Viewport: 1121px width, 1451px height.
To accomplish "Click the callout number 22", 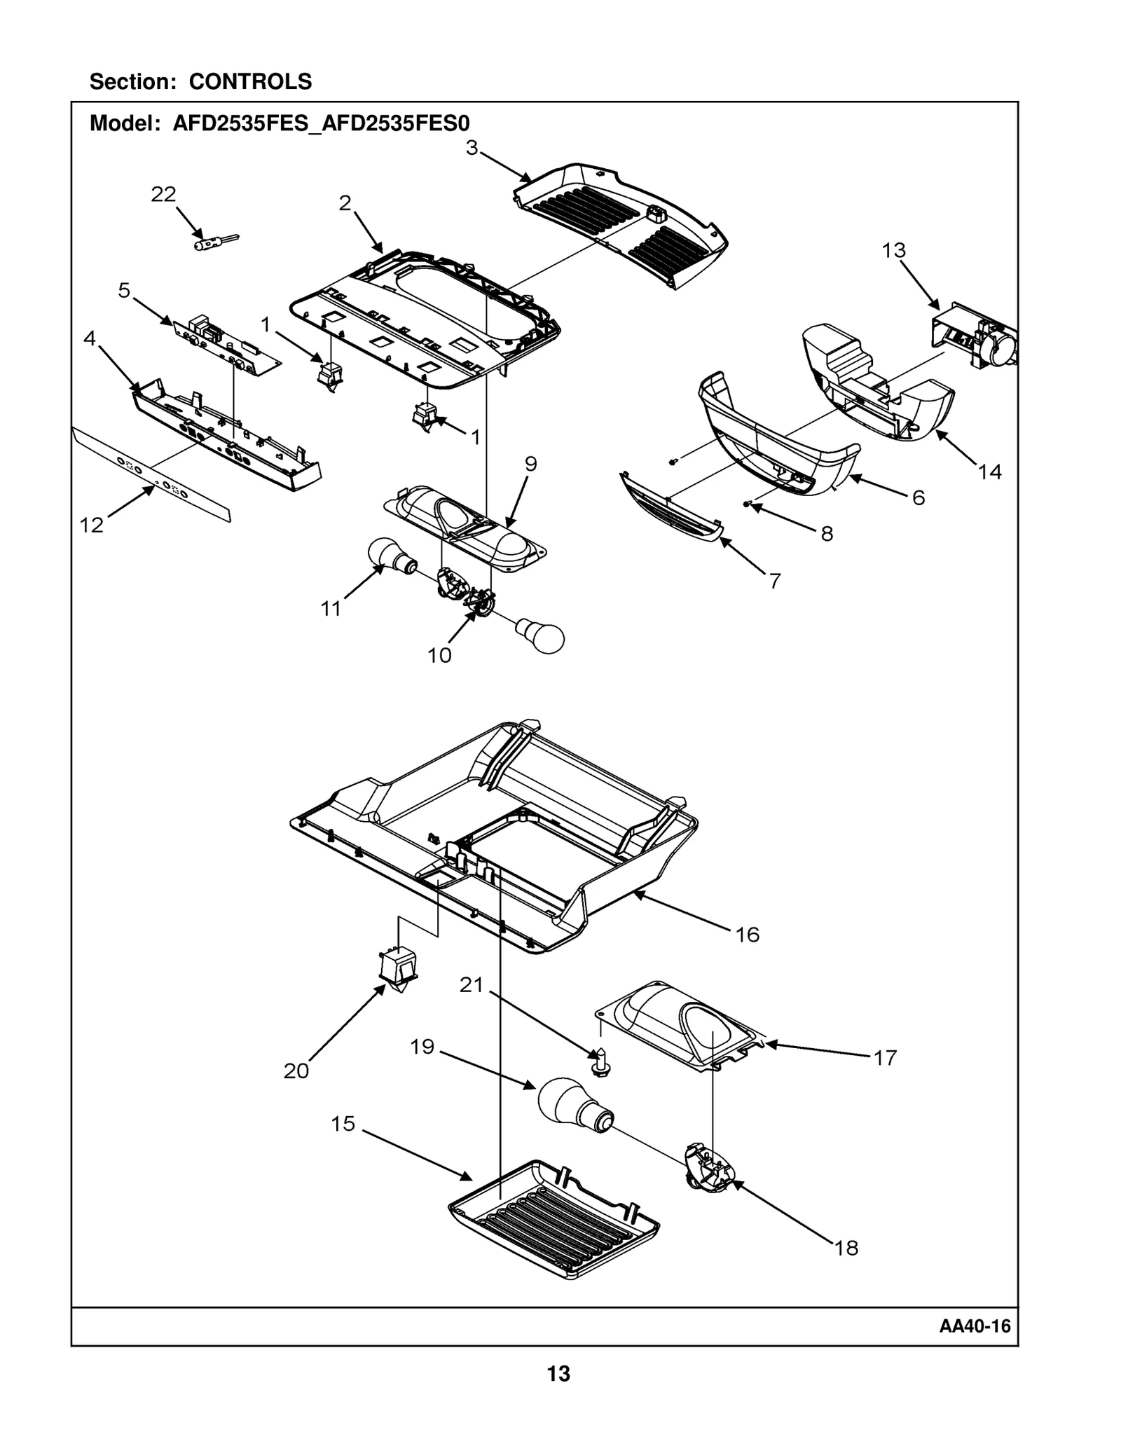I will [x=163, y=194].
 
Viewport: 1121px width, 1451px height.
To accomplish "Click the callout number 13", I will [x=893, y=250].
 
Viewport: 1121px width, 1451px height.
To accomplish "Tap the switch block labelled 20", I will [x=397, y=968].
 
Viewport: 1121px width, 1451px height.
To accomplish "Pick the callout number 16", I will [x=747, y=934].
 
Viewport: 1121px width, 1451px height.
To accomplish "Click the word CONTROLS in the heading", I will [x=250, y=82].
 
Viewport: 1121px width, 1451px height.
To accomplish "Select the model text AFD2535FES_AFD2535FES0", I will [x=321, y=123].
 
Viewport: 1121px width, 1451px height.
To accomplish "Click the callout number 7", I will [x=774, y=581].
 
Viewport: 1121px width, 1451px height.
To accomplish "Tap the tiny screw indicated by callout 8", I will [x=748, y=503].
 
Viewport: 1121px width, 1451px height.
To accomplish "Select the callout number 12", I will [x=91, y=525].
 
